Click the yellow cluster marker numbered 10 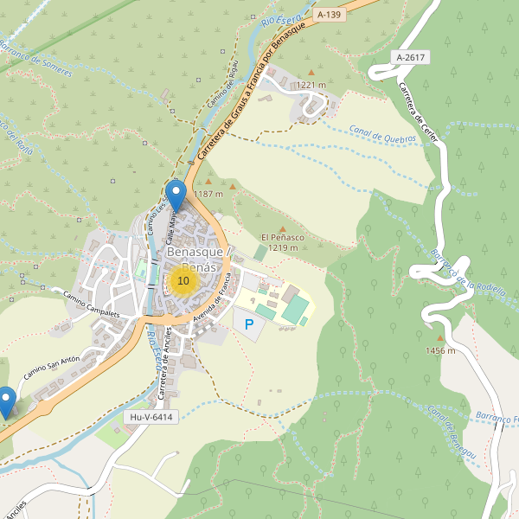tap(183, 281)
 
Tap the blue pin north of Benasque tap(176, 195)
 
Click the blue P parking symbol tap(249, 325)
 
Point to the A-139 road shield tap(330, 15)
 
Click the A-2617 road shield tap(409, 57)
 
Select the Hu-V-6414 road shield tap(151, 417)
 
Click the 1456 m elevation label tap(440, 350)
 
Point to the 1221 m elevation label tap(311, 85)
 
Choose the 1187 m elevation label tap(208, 194)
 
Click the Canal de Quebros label tap(384, 132)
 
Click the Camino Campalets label tap(90, 304)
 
